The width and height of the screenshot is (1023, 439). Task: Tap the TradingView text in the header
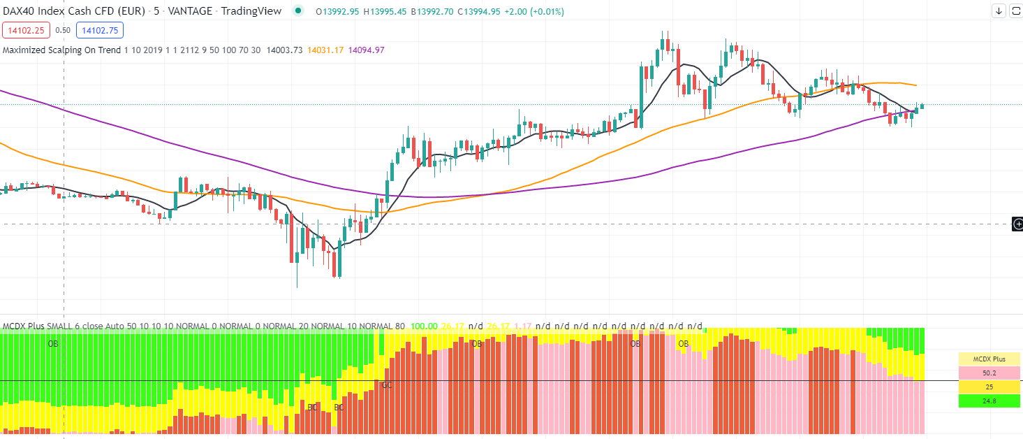(x=251, y=11)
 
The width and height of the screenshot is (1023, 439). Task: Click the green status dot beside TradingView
(x=299, y=11)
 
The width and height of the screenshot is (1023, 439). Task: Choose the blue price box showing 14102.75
(x=101, y=30)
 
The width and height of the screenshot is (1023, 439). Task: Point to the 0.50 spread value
(x=63, y=30)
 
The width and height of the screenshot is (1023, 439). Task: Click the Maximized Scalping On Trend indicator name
(x=61, y=50)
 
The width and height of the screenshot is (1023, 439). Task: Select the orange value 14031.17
(x=325, y=50)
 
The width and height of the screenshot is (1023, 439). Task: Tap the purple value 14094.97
(x=366, y=50)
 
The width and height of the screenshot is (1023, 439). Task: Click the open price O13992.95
(x=338, y=12)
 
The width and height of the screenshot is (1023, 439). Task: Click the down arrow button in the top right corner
(x=999, y=10)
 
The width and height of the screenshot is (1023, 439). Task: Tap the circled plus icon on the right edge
(x=1018, y=224)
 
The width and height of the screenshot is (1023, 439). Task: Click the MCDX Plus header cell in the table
(x=989, y=359)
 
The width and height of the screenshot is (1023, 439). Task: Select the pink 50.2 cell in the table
(x=989, y=373)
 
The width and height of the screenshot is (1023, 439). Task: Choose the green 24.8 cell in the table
(x=989, y=401)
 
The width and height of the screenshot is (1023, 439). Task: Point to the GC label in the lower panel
(x=386, y=384)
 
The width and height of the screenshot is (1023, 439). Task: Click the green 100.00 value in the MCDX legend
(x=424, y=326)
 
